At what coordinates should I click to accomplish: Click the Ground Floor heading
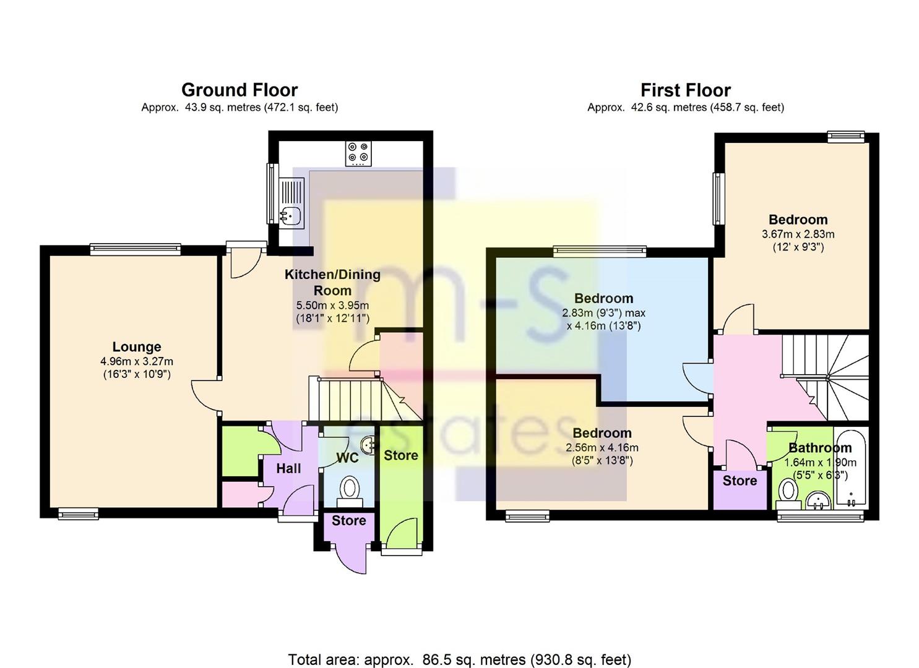[x=239, y=90]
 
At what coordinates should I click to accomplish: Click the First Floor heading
[x=685, y=90]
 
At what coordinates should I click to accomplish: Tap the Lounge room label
[x=137, y=347]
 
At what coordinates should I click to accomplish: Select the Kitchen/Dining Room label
[x=332, y=282]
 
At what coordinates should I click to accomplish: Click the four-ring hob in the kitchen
[x=358, y=153]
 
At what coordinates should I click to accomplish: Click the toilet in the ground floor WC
[x=350, y=489]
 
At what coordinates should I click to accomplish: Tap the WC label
[x=347, y=458]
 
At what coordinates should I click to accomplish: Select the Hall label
[x=288, y=469]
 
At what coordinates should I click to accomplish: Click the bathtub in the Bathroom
[x=852, y=467]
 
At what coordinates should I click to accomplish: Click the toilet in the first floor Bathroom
[x=788, y=492]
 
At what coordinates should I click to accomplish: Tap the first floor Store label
[x=740, y=481]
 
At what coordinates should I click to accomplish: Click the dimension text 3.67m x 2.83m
[x=798, y=234]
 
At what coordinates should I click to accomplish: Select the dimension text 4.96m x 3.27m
[x=137, y=361]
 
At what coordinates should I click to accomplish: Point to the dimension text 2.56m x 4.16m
[x=602, y=447]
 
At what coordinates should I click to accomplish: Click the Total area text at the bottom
[x=459, y=659]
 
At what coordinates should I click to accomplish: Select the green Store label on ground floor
[x=400, y=456]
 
